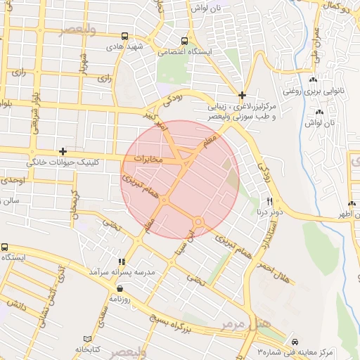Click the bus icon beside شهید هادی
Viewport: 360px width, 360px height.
[124, 36]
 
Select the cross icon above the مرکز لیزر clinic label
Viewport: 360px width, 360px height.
[243, 95]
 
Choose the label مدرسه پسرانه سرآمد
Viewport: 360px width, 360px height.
[121, 271]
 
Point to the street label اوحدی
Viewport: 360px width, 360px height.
[13, 181]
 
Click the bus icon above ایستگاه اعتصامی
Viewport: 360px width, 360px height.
[184, 41]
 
